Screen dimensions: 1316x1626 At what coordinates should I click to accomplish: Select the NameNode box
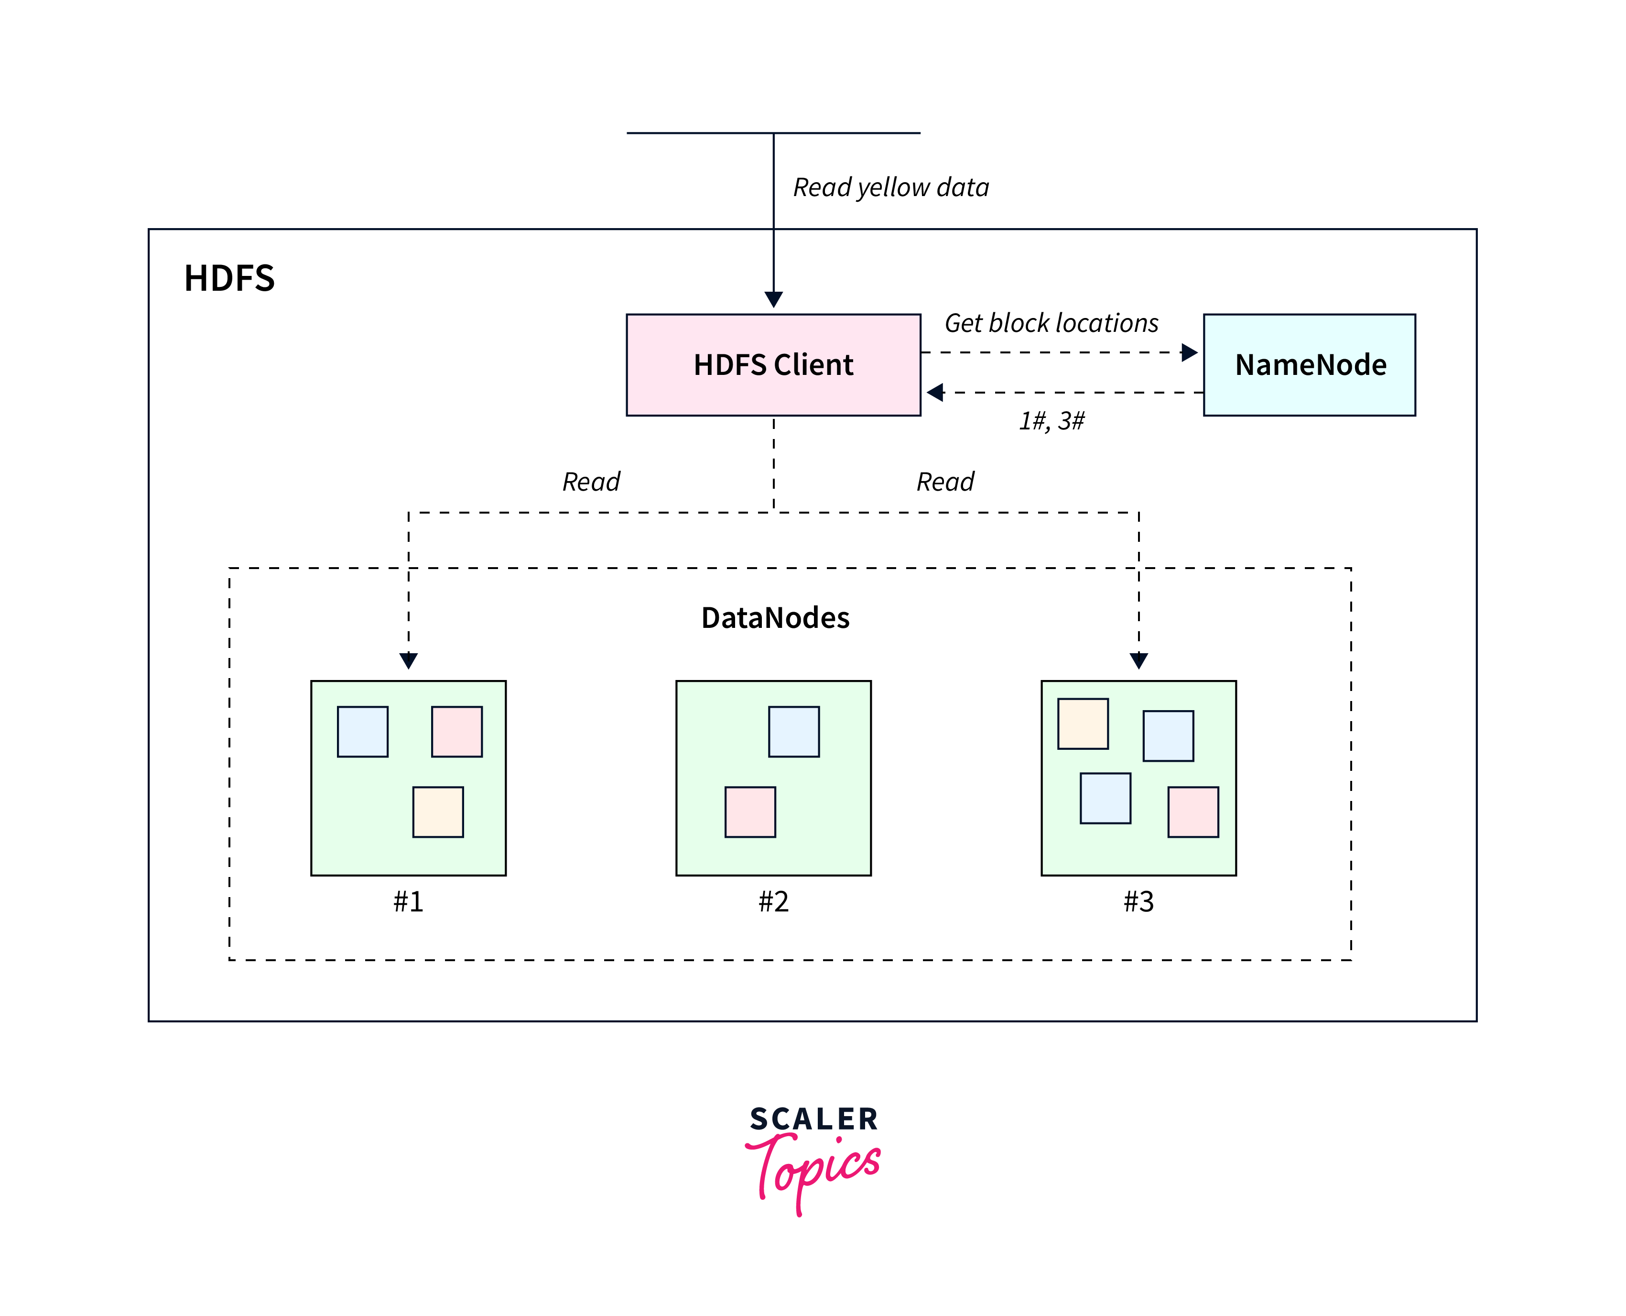(x=1309, y=365)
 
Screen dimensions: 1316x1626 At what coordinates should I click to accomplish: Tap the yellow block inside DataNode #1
(x=438, y=812)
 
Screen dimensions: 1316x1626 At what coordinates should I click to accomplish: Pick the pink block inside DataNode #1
(x=457, y=732)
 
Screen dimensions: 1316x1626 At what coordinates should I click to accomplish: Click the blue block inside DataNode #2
(x=793, y=732)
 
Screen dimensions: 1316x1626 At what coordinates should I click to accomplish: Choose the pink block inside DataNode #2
(x=750, y=812)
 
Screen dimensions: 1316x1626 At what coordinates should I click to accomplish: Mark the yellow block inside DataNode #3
(x=1083, y=724)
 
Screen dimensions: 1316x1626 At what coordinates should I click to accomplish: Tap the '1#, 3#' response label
(x=1051, y=421)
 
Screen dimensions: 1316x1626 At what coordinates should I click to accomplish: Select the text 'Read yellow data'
(x=890, y=188)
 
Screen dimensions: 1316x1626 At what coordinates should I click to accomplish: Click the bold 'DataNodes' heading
(x=775, y=618)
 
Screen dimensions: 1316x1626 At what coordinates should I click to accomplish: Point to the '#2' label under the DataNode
(x=774, y=901)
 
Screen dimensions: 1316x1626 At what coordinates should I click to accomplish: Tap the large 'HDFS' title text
(x=229, y=278)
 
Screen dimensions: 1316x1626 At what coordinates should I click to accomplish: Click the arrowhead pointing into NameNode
(x=1189, y=352)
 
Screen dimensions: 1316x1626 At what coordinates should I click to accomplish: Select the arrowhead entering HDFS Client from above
(x=774, y=299)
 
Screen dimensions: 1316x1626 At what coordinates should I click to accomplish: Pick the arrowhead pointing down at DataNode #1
(x=408, y=660)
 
